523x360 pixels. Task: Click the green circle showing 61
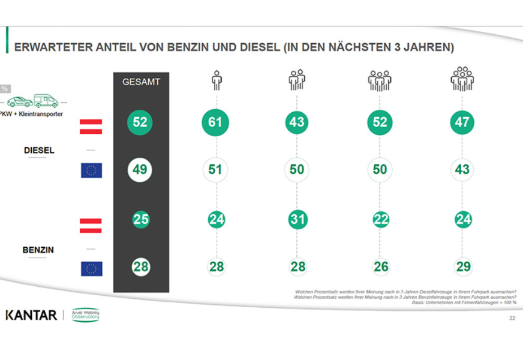coord(215,123)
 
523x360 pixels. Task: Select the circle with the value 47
coord(462,123)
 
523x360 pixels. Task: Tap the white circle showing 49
coord(140,170)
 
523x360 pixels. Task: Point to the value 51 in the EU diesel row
coord(215,170)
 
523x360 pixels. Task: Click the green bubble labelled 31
coord(297,220)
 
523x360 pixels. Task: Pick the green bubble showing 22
coord(380,220)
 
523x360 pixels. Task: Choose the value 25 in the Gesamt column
coord(140,219)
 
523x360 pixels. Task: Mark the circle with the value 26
coord(380,266)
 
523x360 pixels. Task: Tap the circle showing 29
coord(462,266)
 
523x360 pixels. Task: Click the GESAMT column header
coord(141,82)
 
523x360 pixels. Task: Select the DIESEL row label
coord(39,150)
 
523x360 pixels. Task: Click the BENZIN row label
coord(38,250)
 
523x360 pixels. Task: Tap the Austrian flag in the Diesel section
coord(91,127)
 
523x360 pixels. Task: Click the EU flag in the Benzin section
coord(91,269)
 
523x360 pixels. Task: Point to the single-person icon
coord(216,80)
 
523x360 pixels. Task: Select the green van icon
coord(46,100)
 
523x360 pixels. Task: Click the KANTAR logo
coord(31,315)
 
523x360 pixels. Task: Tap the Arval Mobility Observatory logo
coord(85,315)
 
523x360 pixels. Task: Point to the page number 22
coord(512,318)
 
